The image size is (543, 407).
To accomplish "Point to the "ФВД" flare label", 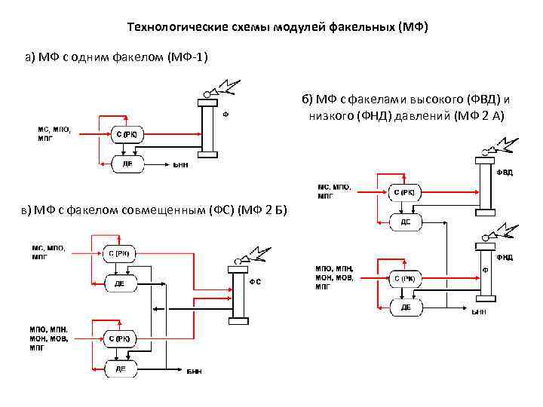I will click(x=505, y=173).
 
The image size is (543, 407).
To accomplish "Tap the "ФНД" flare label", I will click(x=505, y=256).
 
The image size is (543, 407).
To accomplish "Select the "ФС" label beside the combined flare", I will click(x=256, y=281).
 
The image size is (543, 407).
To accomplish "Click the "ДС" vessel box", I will click(x=405, y=222).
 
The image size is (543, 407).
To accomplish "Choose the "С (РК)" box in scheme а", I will click(x=126, y=135).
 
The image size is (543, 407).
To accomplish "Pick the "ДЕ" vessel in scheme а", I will click(x=126, y=163).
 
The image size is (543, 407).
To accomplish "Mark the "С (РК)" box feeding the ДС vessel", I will click(x=405, y=192).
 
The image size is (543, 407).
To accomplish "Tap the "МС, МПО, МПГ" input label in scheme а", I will click(x=54, y=134).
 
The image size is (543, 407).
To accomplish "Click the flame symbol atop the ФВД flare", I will click(x=503, y=145).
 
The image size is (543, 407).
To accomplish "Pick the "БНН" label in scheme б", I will click(x=478, y=311).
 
